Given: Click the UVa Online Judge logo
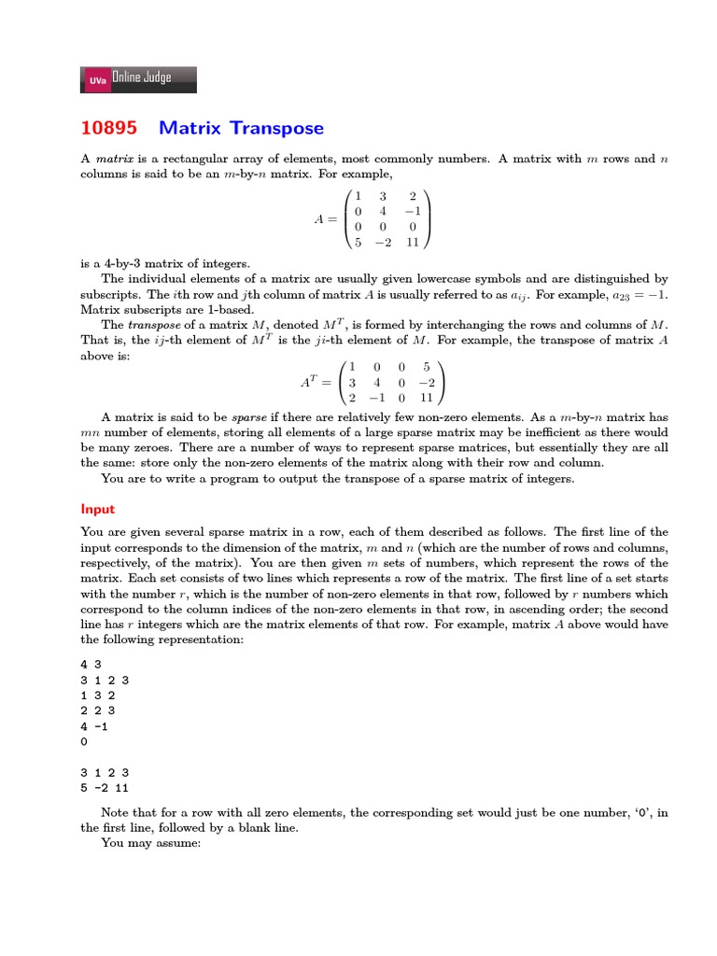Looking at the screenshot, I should (139, 79).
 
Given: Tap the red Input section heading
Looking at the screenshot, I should (98, 509).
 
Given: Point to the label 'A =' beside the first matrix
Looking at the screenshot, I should (326, 219).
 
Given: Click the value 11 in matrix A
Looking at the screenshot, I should (412, 243).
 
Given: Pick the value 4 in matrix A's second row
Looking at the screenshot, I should (383, 211).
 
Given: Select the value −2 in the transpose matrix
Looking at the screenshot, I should (427, 383).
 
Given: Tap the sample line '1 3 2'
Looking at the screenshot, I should (97, 696).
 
